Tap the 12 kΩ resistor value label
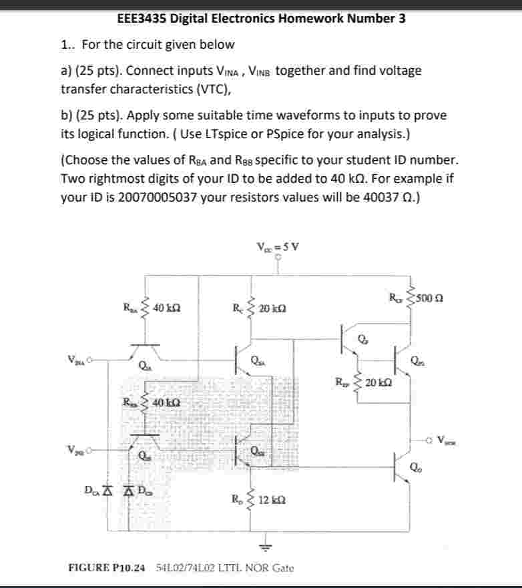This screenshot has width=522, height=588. tap(274, 500)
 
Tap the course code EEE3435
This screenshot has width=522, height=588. tap(142, 18)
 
